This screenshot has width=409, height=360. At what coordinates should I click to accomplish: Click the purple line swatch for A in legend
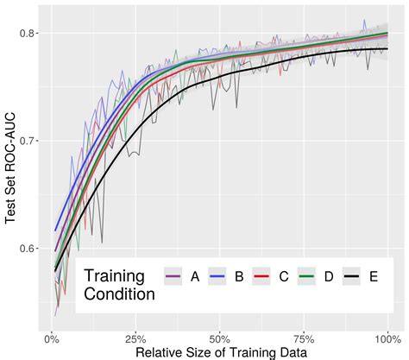[x=173, y=276]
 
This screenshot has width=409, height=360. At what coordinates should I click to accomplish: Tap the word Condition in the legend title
[x=120, y=294]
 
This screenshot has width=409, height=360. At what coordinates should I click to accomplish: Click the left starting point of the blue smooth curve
[x=54, y=231]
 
